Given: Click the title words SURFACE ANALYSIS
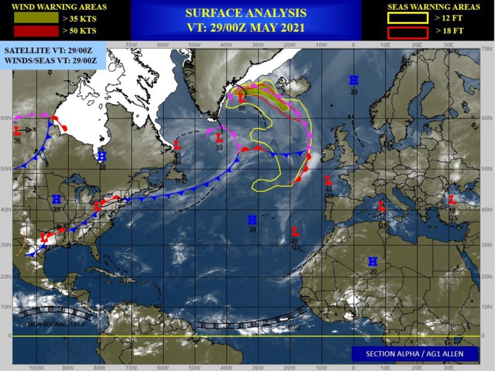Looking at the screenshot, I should (245, 13).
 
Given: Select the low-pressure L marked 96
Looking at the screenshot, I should (17, 131).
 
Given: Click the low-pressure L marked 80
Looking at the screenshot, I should (242, 98).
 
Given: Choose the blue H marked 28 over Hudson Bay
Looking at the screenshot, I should (101, 156).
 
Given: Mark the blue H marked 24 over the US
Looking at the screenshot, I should (57, 199).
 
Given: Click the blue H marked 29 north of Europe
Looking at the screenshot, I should (352, 81).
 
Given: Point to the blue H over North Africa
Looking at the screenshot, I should (372, 262).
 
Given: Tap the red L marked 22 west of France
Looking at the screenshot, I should (328, 180).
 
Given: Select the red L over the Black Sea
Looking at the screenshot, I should (451, 200).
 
